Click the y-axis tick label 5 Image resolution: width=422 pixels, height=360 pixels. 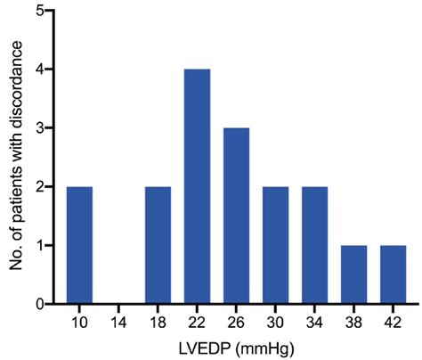[40, 12]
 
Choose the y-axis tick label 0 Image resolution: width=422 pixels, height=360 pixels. [40, 305]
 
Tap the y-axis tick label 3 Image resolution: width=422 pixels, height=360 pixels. [40, 128]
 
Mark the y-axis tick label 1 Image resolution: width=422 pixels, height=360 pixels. [40, 246]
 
